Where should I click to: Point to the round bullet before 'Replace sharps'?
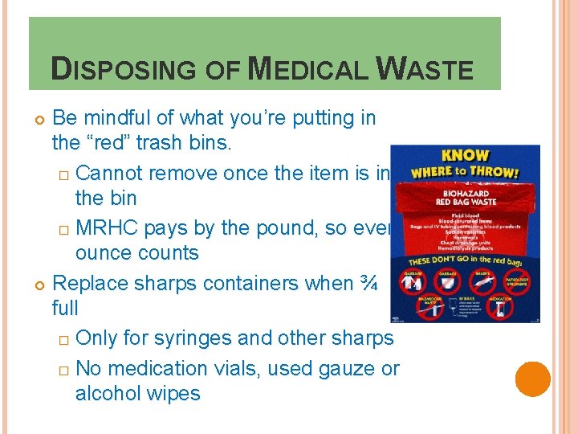tap(38, 284)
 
